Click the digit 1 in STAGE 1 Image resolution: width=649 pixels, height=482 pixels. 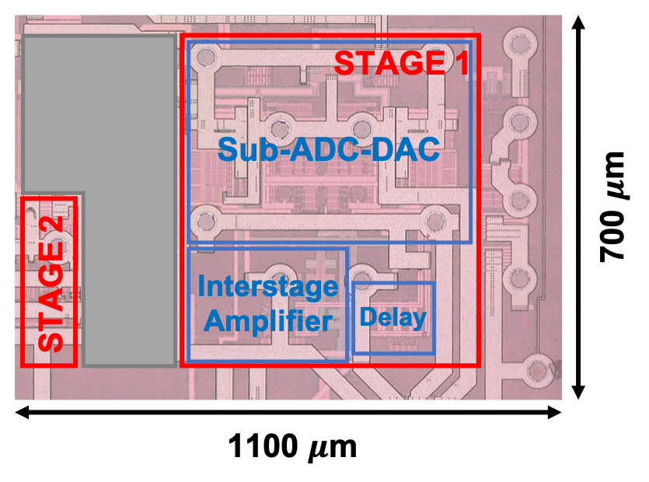tap(461, 63)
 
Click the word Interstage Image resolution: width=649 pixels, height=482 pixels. tap(267, 287)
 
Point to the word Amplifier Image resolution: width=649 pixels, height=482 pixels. tap(267, 320)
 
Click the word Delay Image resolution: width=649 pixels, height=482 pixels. tap(393, 317)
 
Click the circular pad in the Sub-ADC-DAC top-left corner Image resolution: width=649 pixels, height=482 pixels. tap(206, 57)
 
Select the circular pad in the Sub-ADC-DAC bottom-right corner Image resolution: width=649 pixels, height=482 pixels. tap(435, 222)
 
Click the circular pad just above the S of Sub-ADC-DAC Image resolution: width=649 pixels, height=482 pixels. tap(281, 124)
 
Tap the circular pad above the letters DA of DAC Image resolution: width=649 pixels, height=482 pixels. tap(360, 125)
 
